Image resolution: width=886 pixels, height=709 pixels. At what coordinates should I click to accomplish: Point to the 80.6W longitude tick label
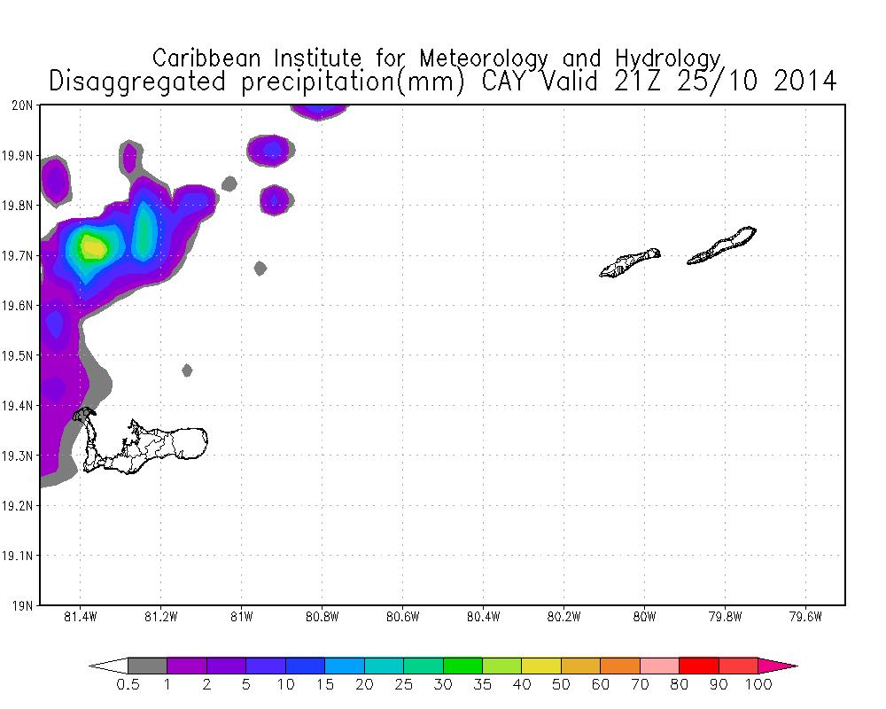(402, 617)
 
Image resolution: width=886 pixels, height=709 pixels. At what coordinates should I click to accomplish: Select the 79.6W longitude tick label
(805, 617)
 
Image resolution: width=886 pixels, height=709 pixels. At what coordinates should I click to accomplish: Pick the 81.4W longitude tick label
(81, 617)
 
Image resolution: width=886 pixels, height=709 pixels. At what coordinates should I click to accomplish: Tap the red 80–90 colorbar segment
(698, 666)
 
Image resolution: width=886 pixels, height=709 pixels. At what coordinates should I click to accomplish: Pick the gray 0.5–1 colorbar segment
(147, 666)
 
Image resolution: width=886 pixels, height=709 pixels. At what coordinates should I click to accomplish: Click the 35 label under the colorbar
(482, 684)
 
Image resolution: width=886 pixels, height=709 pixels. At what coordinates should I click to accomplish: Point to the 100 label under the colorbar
(758, 684)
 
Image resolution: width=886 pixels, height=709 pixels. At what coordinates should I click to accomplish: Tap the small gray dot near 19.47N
(187, 370)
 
